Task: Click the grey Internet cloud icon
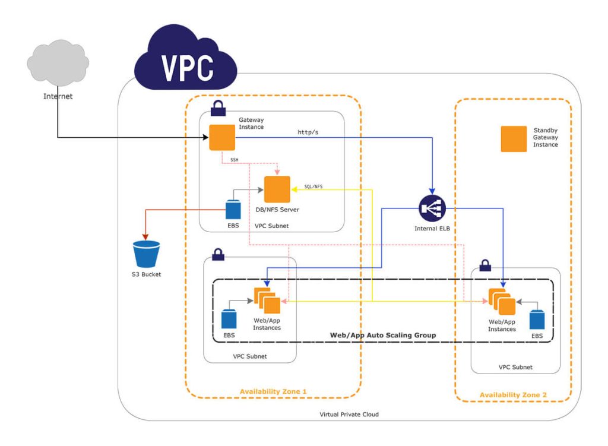(58, 64)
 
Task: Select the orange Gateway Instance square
(221, 138)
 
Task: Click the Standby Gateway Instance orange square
(514, 139)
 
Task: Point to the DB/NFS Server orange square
(277, 189)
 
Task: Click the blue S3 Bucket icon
(147, 254)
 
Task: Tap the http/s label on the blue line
(308, 132)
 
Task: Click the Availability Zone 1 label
(273, 391)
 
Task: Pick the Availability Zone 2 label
(513, 395)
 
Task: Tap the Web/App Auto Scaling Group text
(382, 336)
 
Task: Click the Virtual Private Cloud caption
(349, 414)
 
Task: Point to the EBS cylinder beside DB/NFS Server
(233, 210)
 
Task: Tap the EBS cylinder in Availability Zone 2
(537, 319)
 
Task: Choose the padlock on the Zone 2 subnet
(484, 265)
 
